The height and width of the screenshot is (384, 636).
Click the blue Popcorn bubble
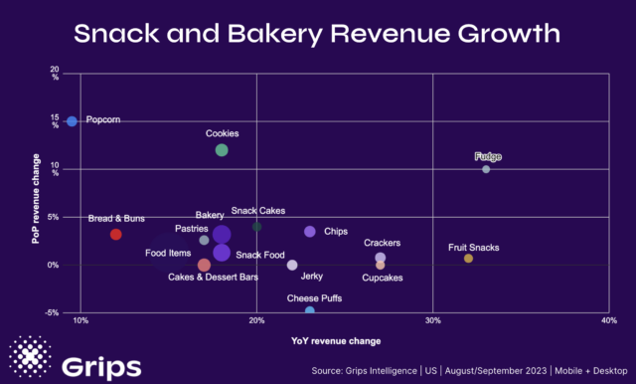(x=72, y=121)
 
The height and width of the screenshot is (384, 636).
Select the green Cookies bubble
(x=222, y=150)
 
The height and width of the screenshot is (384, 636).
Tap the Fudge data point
(x=486, y=169)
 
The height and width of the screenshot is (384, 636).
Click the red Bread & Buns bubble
(x=115, y=235)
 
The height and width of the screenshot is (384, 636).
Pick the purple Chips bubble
(x=310, y=232)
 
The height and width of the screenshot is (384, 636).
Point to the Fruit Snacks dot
(x=468, y=259)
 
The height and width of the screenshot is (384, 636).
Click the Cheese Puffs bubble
(x=310, y=311)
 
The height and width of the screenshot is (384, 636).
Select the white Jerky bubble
(x=292, y=265)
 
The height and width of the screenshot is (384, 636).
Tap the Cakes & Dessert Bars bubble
(x=204, y=265)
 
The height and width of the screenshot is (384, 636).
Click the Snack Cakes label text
(x=256, y=211)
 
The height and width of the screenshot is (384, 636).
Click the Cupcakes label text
(x=383, y=278)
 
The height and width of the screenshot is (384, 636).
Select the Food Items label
(x=168, y=254)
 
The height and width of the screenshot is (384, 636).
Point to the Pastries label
(x=192, y=229)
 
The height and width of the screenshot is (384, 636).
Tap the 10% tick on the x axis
(x=81, y=321)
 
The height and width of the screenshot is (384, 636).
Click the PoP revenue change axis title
(x=36, y=199)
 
